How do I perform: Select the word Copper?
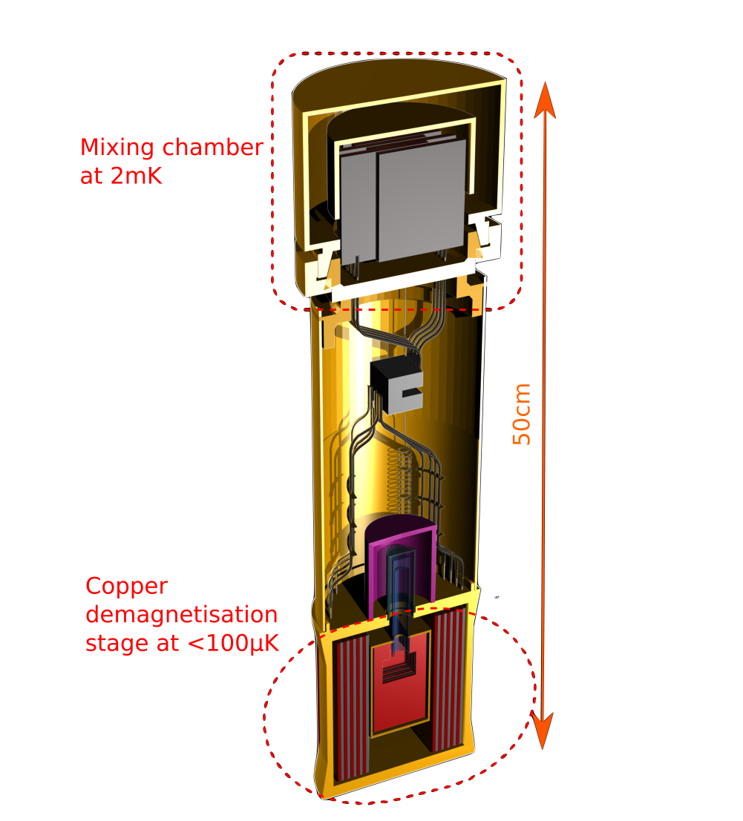pyautogui.click(x=127, y=587)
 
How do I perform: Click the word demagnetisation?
pyautogui.click(x=182, y=615)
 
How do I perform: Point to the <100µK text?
pyautogui.click(x=233, y=644)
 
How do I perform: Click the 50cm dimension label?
pyautogui.click(x=522, y=413)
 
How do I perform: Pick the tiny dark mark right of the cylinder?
pyautogui.click(x=497, y=596)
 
